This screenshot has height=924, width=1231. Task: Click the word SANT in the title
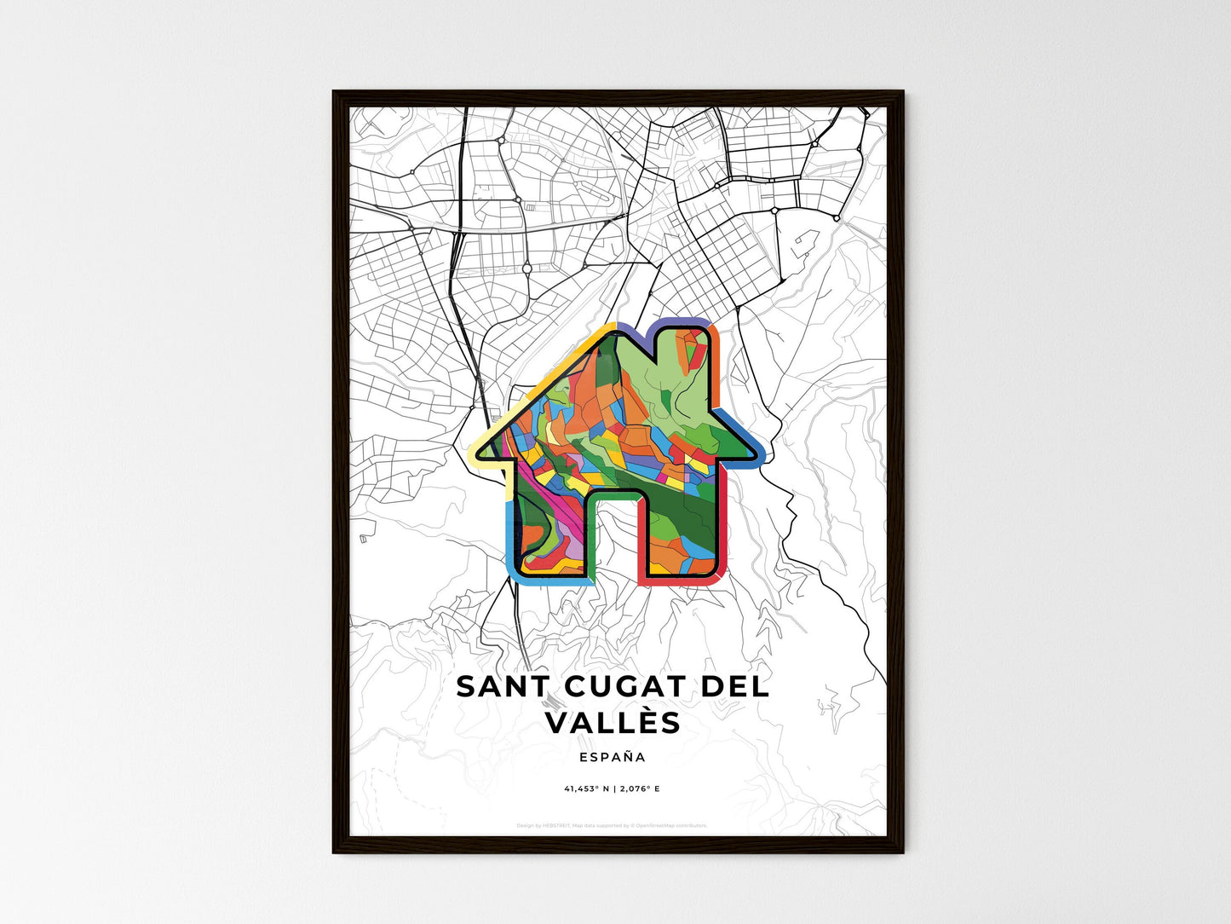pos(493,687)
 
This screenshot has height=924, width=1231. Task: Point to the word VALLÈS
pos(613,723)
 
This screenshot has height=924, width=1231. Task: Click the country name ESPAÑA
pos(612,757)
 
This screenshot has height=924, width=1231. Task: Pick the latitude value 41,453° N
pos(587,788)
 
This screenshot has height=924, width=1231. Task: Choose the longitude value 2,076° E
pos(638,788)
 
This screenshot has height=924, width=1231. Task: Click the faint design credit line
pos(612,825)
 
